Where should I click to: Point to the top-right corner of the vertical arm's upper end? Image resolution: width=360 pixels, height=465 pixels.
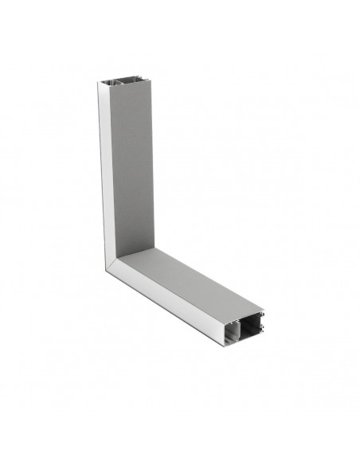pos(152,78)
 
